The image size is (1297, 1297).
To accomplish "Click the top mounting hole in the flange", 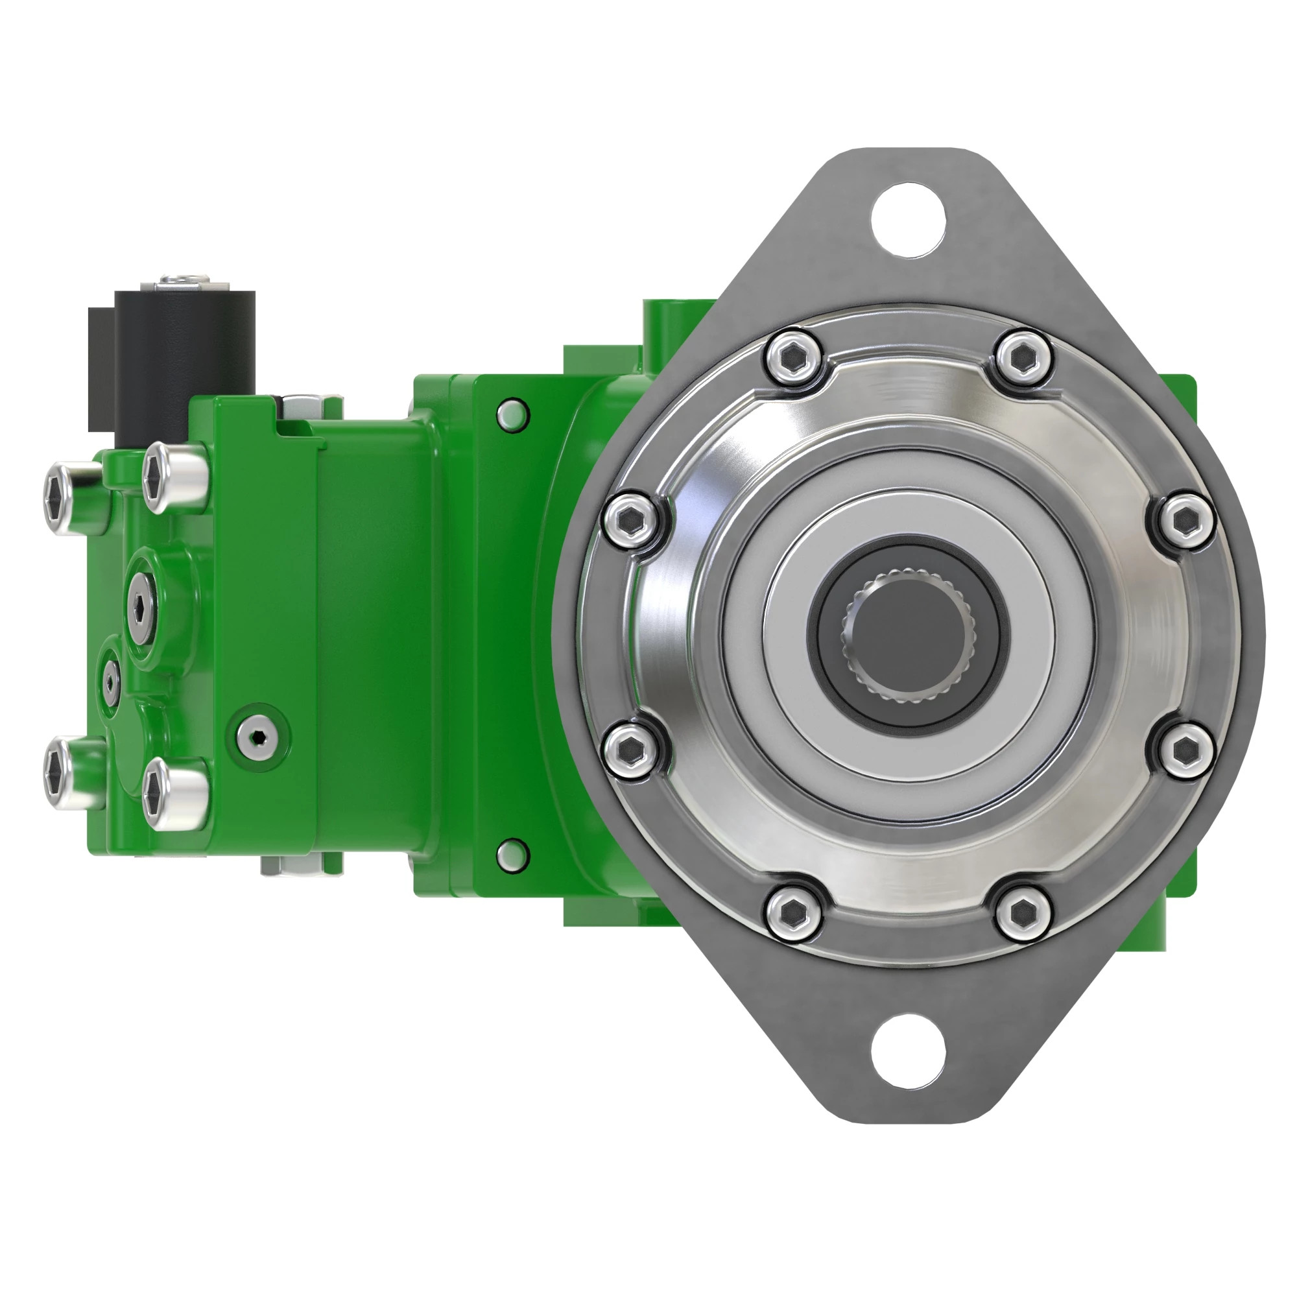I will click(x=908, y=219).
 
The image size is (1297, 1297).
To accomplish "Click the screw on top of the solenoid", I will click(x=184, y=279).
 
